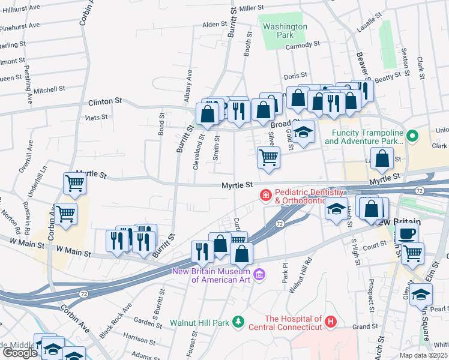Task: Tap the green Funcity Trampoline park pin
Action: point(412,136)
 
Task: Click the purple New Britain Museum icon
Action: point(259,275)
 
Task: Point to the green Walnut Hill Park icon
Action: point(238,322)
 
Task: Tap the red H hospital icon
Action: point(330,323)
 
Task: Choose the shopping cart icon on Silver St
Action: point(268,158)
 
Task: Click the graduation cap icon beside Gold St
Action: point(304,131)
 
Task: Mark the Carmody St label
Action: point(303,45)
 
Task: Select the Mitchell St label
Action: point(49,89)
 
